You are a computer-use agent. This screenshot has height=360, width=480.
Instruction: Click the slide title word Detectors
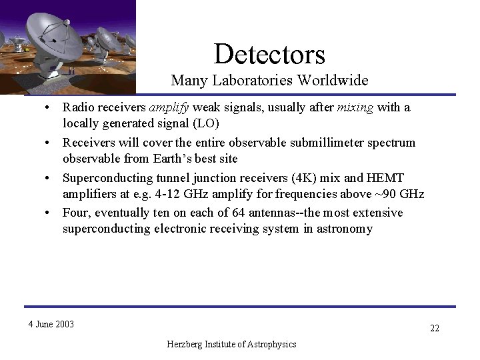[270, 54]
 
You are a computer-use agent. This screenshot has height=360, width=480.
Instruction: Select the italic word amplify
[169, 108]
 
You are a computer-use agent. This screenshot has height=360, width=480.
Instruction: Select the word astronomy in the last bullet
[347, 229]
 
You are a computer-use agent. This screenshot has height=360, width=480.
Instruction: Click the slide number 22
[435, 328]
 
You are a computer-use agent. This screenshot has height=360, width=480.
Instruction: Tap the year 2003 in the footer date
[64, 325]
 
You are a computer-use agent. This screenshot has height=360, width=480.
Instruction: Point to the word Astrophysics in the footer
[271, 344]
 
